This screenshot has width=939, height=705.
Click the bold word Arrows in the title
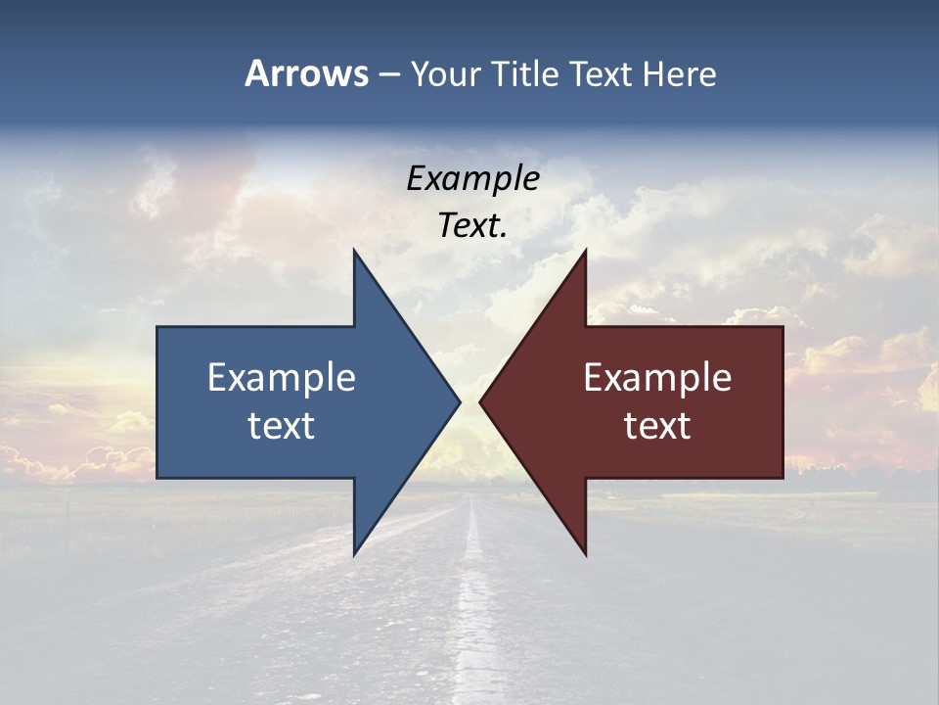coord(306,73)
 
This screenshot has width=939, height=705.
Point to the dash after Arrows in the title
coord(388,74)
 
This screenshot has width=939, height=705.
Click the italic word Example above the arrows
coord(472,178)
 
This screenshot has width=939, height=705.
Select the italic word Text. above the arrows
coord(472,225)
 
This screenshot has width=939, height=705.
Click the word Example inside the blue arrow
coord(281,377)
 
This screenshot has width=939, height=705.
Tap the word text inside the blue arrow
coord(281,426)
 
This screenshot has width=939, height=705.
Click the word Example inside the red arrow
coord(657,377)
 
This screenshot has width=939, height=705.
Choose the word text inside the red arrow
coord(657,426)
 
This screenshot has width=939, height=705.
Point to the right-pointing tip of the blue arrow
coord(459,401)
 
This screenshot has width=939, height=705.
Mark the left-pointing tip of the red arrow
coord(481,401)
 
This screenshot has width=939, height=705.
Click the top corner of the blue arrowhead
coord(355,251)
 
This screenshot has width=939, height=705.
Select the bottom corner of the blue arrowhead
coord(355,553)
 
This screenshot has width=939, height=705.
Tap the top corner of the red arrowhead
coord(585,251)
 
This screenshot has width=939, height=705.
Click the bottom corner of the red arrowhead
coord(585,553)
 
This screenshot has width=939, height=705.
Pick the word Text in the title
coord(603,73)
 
